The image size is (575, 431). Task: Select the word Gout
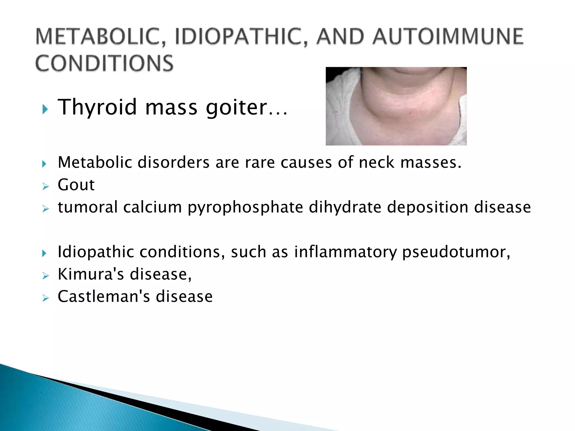pos(76,185)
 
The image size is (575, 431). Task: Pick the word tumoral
pos(88,207)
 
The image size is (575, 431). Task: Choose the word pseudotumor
pos(456,252)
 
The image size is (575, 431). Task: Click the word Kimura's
pos(91,274)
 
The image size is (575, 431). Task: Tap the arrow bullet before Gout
pos(45,186)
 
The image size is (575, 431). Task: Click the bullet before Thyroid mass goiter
pos(45,109)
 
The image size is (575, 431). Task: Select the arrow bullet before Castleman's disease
pos(45,298)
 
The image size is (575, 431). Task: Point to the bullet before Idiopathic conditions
pos(44,253)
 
